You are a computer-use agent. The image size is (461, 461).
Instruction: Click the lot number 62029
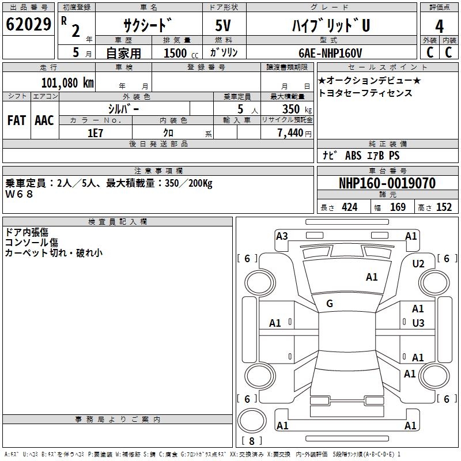[28, 25]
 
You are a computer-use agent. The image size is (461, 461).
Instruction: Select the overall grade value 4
[439, 27]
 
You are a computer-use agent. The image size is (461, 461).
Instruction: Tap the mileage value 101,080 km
[68, 82]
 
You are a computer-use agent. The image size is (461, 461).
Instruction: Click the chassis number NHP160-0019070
[387, 183]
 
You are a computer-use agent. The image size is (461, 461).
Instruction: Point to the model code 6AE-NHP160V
[330, 52]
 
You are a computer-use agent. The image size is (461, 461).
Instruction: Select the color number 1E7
[95, 132]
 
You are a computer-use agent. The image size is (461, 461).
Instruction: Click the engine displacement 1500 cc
[176, 53]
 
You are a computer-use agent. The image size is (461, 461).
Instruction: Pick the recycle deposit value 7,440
[292, 133]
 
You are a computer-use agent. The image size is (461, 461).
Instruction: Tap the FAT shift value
[17, 120]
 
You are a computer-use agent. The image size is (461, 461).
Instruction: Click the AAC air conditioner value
[44, 120]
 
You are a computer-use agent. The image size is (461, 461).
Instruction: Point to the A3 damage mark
[282, 236]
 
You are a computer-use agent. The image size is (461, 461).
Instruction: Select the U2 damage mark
[418, 263]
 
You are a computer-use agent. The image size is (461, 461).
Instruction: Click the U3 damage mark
[418, 323]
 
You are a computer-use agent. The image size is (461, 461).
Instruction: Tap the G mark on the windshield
[330, 304]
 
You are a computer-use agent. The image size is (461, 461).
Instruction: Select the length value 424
[349, 207]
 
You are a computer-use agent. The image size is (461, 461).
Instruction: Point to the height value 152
[444, 207]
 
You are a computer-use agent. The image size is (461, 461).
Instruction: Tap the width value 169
[398, 207]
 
